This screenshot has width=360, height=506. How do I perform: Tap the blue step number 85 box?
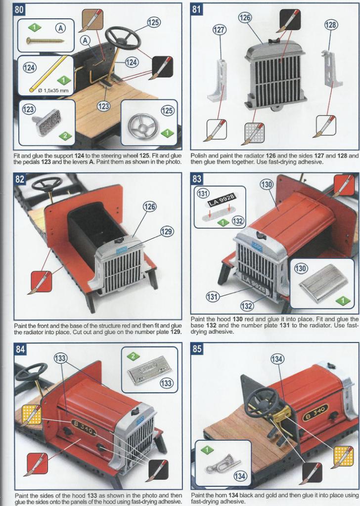[x=197, y=349]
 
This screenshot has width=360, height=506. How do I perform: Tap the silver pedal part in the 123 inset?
[x=47, y=121]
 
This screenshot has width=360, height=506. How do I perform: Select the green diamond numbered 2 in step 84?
[x=133, y=355]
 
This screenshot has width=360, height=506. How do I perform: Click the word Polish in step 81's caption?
[x=199, y=155]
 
